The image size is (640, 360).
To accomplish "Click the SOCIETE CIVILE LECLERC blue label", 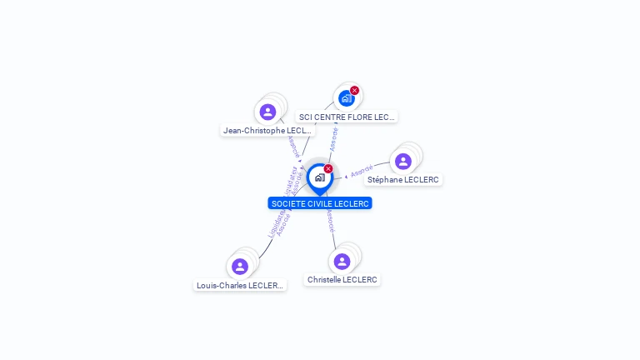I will [320, 203].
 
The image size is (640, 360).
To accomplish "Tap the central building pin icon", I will [319, 177].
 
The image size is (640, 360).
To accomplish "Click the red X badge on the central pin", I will [328, 169].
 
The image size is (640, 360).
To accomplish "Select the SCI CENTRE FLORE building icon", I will [346, 98].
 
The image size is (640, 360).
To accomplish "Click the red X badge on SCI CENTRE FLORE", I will [354, 91].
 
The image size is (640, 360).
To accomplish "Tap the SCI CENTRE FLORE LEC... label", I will [347, 117].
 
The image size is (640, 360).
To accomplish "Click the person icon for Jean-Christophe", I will [267, 112].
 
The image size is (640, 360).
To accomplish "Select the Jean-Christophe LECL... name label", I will [267, 131].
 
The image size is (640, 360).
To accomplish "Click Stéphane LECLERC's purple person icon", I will [403, 161].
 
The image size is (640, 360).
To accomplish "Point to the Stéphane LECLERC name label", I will [403, 180].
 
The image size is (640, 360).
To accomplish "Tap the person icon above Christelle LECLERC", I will [342, 261].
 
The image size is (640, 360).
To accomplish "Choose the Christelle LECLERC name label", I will [342, 280].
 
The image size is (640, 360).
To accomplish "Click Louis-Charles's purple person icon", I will [240, 267].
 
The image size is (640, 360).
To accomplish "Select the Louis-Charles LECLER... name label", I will [240, 285].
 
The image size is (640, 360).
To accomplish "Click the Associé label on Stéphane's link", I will [362, 172].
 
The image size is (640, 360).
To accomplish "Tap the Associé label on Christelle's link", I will [330, 221].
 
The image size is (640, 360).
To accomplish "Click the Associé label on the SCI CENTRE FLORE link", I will [334, 138].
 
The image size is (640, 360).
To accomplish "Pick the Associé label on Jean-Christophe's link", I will [292, 147].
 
